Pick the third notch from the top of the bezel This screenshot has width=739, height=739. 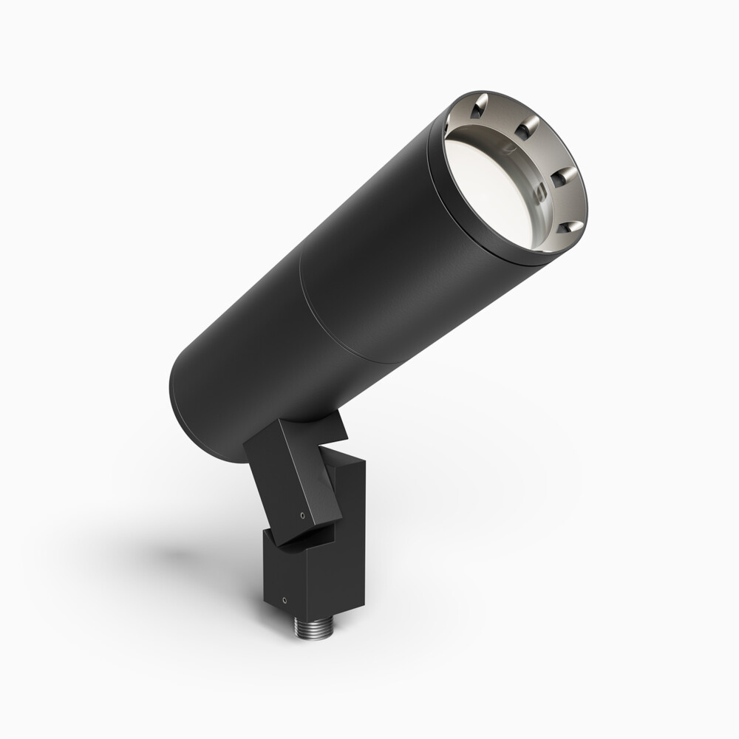tap(563, 177)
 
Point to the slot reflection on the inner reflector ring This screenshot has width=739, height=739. tap(539, 192)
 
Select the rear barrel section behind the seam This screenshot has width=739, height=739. tap(244, 355)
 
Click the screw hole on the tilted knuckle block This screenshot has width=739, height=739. tap(302, 515)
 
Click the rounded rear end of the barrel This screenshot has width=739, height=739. tap(185, 414)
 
